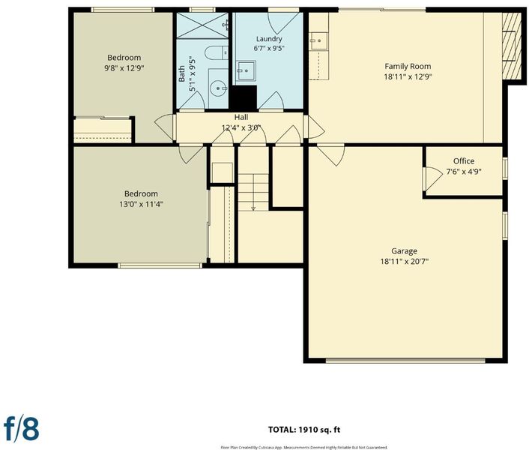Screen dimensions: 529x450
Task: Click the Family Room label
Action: (408, 66)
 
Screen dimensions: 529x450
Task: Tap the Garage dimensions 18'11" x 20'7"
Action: (404, 261)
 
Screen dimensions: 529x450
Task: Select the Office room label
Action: (464, 161)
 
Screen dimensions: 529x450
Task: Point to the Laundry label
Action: (269, 39)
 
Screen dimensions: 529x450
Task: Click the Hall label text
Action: (241, 117)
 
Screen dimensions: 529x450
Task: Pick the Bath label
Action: (182, 73)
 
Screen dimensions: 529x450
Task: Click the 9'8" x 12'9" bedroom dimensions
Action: (124, 68)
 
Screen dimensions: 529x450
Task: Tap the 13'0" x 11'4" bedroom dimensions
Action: (141, 204)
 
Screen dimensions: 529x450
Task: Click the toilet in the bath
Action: (217, 53)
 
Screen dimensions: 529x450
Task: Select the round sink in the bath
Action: (217, 88)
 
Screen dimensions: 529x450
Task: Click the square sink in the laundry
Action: (246, 70)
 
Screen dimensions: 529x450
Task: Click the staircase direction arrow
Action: (253, 193)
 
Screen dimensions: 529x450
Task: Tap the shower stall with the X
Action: (202, 25)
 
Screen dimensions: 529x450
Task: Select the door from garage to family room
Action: (330, 155)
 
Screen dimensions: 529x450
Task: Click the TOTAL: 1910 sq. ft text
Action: (304, 430)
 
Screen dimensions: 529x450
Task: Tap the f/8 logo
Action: (21, 429)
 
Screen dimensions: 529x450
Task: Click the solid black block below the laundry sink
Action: (244, 97)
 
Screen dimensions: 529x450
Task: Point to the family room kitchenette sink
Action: (318, 40)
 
